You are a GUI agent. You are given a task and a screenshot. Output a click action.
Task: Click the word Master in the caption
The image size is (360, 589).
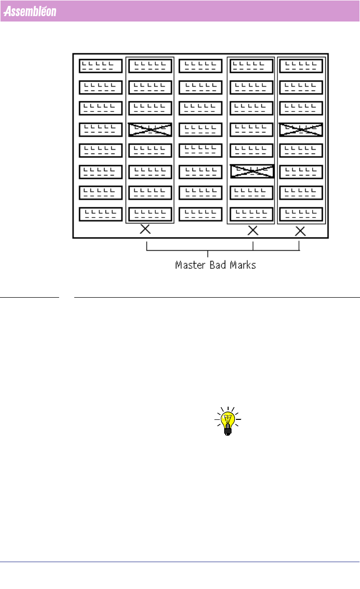pyautogui.click(x=190, y=265)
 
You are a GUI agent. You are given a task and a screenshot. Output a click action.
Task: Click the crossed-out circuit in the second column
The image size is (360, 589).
pyautogui.click(x=150, y=130)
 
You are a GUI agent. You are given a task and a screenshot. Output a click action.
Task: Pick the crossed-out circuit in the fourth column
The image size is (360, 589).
pyautogui.click(x=252, y=171)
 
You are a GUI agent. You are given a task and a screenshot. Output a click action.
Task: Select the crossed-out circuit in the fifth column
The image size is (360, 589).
pyautogui.click(x=301, y=130)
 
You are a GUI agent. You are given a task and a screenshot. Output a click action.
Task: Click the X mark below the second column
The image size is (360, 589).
pyautogui.click(x=145, y=229)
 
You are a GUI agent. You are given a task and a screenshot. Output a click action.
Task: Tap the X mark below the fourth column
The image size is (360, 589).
pyautogui.click(x=253, y=230)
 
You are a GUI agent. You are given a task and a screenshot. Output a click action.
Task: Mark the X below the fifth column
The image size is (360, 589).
pyautogui.click(x=300, y=231)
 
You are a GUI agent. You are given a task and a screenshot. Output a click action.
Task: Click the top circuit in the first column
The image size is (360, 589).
pyautogui.click(x=101, y=66)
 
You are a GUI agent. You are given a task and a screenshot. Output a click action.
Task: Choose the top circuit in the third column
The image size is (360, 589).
pyautogui.click(x=201, y=66)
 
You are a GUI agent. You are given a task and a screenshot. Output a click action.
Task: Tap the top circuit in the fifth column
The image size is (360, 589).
pyautogui.click(x=301, y=66)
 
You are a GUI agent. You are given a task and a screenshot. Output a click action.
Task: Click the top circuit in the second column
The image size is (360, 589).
pyautogui.click(x=150, y=66)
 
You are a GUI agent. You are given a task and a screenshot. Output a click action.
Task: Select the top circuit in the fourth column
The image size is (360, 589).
pyautogui.click(x=252, y=66)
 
